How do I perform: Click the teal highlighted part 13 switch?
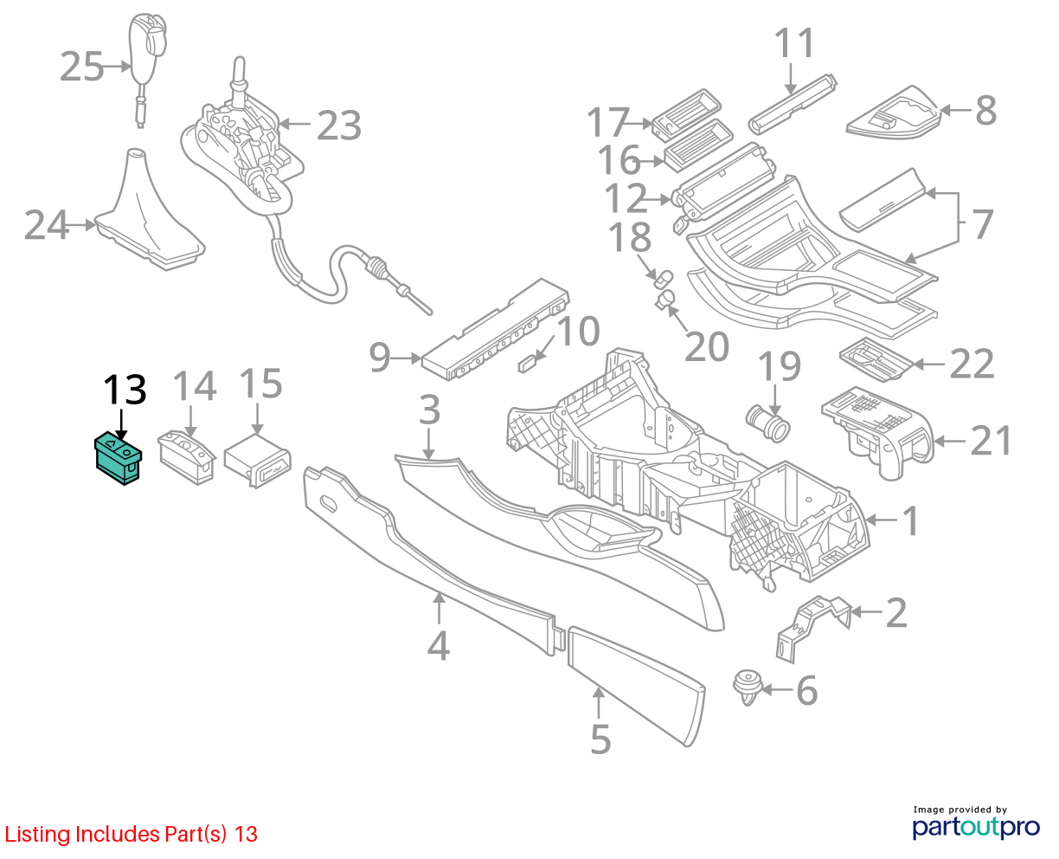[117, 458]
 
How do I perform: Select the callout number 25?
[82, 67]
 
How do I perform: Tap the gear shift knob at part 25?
[148, 48]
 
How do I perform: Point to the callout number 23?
[338, 126]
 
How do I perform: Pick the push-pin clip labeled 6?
[748, 686]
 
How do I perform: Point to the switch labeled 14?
[185, 455]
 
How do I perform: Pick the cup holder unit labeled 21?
[877, 428]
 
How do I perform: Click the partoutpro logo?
[975, 825]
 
